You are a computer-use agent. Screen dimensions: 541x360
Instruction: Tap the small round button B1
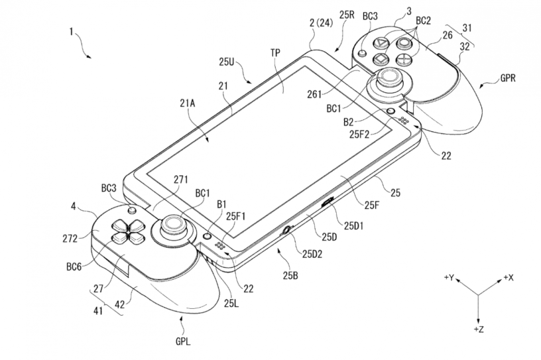tap(207, 236)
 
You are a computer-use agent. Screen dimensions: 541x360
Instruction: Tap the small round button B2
tap(391, 111)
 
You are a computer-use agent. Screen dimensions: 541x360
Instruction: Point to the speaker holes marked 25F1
tap(220, 246)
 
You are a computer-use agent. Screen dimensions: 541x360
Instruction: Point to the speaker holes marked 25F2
tap(403, 121)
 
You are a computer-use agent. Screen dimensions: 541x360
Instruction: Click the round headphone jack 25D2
tap(286, 230)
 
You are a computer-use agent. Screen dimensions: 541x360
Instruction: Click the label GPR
tap(508, 78)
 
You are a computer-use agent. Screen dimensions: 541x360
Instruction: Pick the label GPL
tap(183, 341)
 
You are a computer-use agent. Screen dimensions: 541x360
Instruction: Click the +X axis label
tap(509, 277)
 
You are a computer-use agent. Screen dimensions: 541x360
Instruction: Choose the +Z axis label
tap(479, 330)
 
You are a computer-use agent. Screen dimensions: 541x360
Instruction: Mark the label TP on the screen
tap(275, 53)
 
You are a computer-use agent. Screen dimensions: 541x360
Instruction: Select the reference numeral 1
tap(71, 32)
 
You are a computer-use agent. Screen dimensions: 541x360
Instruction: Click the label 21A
tap(188, 103)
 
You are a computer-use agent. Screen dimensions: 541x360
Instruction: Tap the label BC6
tap(74, 267)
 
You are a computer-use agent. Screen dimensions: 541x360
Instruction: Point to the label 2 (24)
tap(321, 23)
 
